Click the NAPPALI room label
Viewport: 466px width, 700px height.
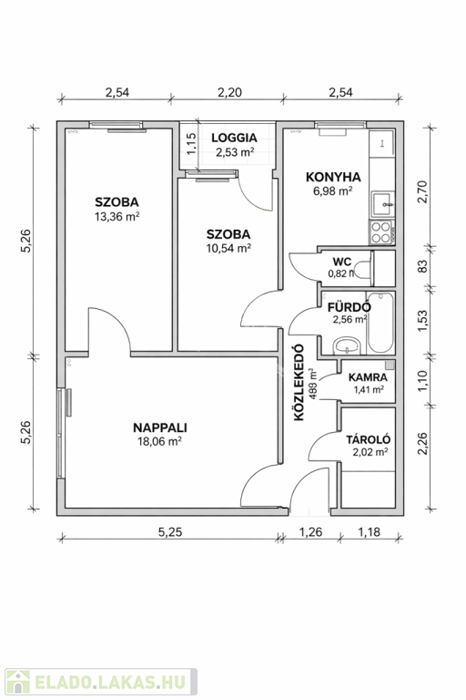(160, 427)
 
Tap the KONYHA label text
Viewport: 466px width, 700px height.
(333, 177)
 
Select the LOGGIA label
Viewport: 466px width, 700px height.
(235, 138)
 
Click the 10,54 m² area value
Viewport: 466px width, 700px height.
(228, 248)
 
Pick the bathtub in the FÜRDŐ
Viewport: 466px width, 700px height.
(380, 323)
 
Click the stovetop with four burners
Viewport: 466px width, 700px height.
(380, 232)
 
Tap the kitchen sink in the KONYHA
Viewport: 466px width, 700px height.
(383, 204)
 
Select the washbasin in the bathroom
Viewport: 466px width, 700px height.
(348, 345)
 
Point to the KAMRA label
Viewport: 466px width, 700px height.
(368, 377)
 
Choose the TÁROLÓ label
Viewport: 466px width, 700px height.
(369, 439)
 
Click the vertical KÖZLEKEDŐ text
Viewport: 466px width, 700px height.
(299, 382)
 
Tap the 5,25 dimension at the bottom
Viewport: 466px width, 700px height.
(170, 531)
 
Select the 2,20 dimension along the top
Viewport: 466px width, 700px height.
(229, 92)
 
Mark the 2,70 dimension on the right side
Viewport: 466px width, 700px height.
(421, 192)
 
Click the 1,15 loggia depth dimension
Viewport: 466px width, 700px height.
(191, 144)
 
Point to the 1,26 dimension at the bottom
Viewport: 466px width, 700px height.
(310, 531)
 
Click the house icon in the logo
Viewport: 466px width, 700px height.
(18, 682)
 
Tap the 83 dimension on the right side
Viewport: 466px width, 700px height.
(421, 266)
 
